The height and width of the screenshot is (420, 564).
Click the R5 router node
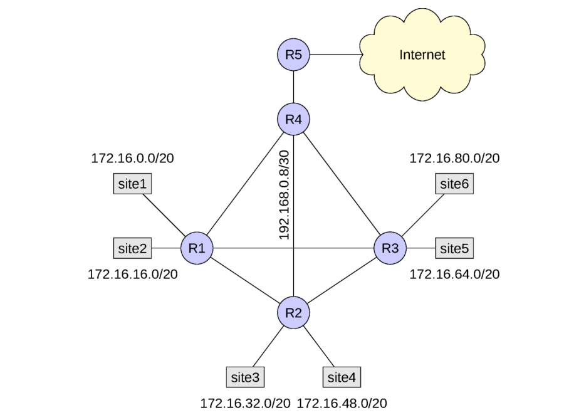[x=293, y=55]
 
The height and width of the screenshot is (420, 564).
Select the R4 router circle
[x=293, y=119]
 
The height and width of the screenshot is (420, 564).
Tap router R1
[x=197, y=248]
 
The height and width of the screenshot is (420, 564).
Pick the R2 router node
[x=293, y=312]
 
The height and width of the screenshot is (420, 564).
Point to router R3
[x=390, y=248]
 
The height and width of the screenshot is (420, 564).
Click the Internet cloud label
[x=422, y=55]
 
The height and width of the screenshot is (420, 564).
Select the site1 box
[x=132, y=184]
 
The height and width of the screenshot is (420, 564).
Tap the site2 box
[x=132, y=248]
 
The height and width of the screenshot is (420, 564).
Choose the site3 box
[x=245, y=377]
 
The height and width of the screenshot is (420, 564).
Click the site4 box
[x=342, y=377]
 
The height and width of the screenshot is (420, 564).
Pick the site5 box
[x=454, y=248]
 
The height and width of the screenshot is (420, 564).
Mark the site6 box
[x=454, y=184]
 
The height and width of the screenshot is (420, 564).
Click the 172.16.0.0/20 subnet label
[x=132, y=158]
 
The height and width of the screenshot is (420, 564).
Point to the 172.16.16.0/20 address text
[x=132, y=274]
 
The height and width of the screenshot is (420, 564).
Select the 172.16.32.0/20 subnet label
[x=245, y=403]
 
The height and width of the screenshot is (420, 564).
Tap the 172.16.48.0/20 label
[x=342, y=403]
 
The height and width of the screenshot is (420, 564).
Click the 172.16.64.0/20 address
[x=455, y=274]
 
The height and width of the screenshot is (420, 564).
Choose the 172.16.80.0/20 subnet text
[x=455, y=158]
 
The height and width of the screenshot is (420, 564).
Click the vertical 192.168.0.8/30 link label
[x=284, y=195]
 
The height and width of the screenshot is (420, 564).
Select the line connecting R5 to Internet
[x=336, y=55]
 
